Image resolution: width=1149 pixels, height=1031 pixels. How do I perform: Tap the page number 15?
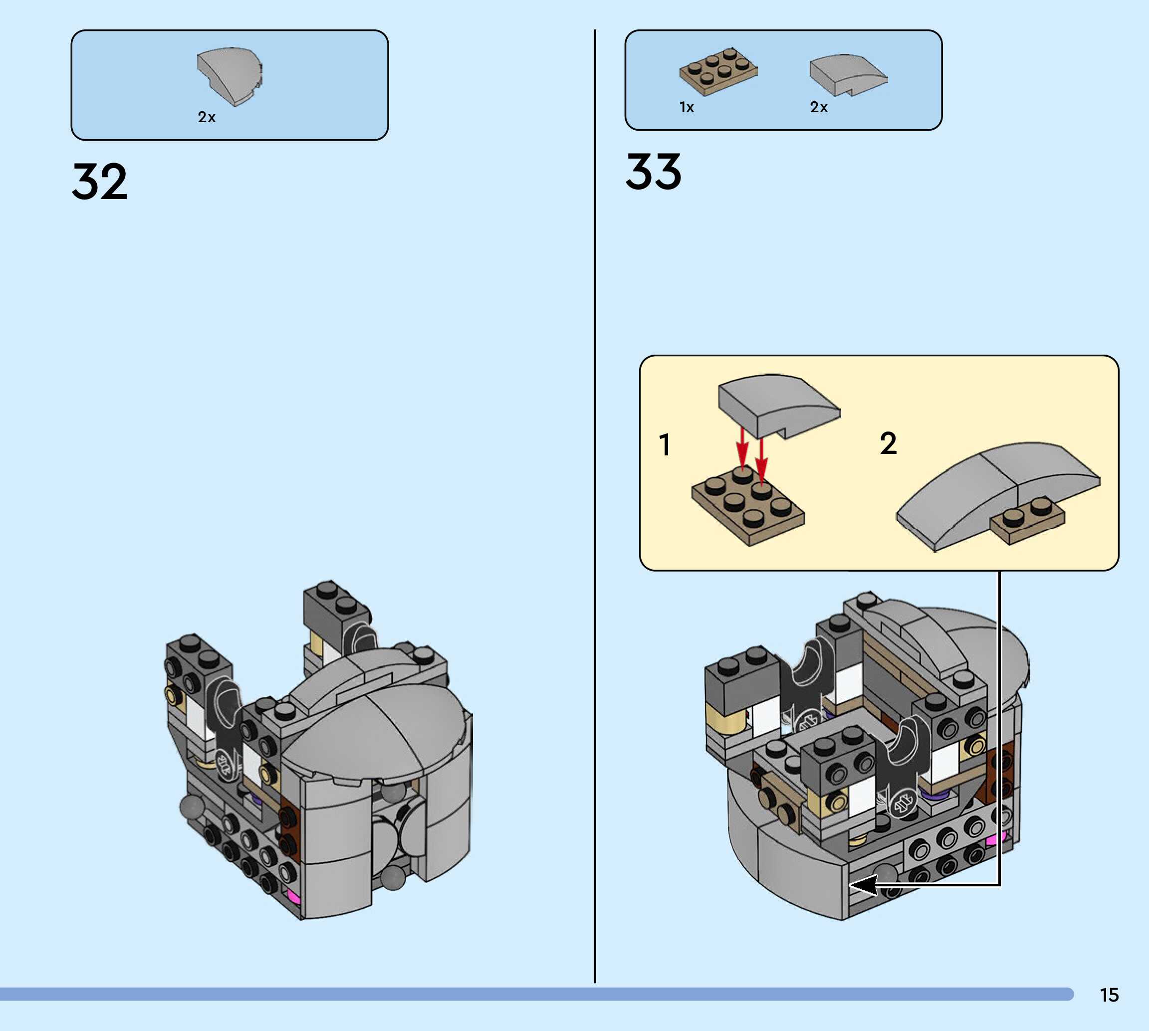click(1109, 995)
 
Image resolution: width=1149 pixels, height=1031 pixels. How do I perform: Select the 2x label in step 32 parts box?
click(206, 117)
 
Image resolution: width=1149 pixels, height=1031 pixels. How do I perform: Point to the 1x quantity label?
click(686, 107)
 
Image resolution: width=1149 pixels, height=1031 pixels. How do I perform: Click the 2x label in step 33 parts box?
click(818, 107)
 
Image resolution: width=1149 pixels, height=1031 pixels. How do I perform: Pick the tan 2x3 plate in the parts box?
click(718, 71)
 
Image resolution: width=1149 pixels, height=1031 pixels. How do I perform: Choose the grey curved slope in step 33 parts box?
click(847, 74)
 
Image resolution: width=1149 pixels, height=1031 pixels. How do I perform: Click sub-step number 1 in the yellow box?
click(665, 445)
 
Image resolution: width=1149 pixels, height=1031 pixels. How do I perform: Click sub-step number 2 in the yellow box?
click(888, 443)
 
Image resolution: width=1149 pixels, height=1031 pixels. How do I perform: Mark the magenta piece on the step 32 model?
click(293, 895)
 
